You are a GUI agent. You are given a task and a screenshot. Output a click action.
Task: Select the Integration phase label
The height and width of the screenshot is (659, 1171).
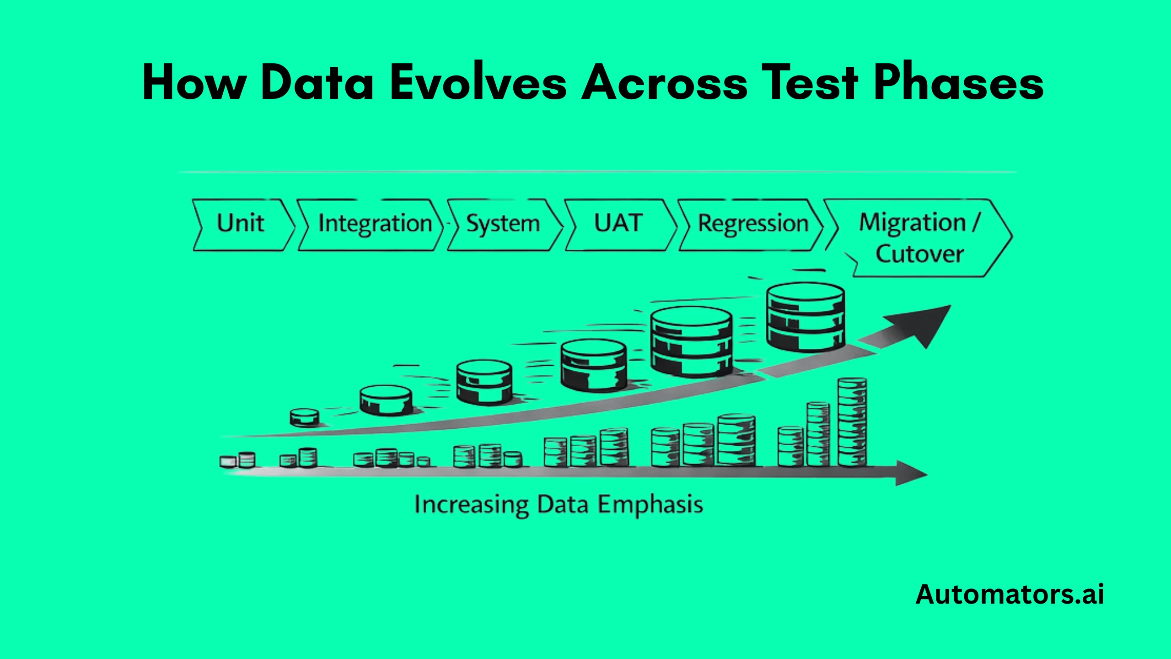pyautogui.click(x=375, y=224)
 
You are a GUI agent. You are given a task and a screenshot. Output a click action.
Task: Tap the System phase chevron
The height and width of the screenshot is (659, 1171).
pyautogui.click(x=503, y=224)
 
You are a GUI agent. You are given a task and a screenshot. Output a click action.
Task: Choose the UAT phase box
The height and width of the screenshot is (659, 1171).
pyautogui.click(x=618, y=224)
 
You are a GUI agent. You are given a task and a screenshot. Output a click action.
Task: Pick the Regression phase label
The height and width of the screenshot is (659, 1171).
pyautogui.click(x=753, y=224)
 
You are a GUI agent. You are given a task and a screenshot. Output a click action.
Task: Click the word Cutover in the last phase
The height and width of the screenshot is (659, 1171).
pyautogui.click(x=919, y=254)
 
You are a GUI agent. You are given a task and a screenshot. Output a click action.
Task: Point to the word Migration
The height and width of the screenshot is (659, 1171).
pyautogui.click(x=912, y=223)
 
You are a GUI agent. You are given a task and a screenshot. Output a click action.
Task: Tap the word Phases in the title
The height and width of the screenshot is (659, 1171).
pyautogui.click(x=959, y=82)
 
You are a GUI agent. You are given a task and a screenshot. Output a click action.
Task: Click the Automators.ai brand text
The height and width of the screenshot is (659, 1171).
pyautogui.click(x=1010, y=594)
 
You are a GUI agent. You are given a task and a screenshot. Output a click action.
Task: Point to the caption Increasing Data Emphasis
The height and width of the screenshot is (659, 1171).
pyautogui.click(x=559, y=505)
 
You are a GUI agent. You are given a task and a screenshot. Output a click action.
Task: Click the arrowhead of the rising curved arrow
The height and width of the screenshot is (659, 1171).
pyautogui.click(x=924, y=323)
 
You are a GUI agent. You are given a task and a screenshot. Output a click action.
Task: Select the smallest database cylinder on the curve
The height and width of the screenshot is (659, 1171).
pyautogui.click(x=305, y=417)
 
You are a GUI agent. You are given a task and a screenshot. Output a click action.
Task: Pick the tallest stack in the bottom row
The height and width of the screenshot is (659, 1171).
pyautogui.click(x=852, y=421)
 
